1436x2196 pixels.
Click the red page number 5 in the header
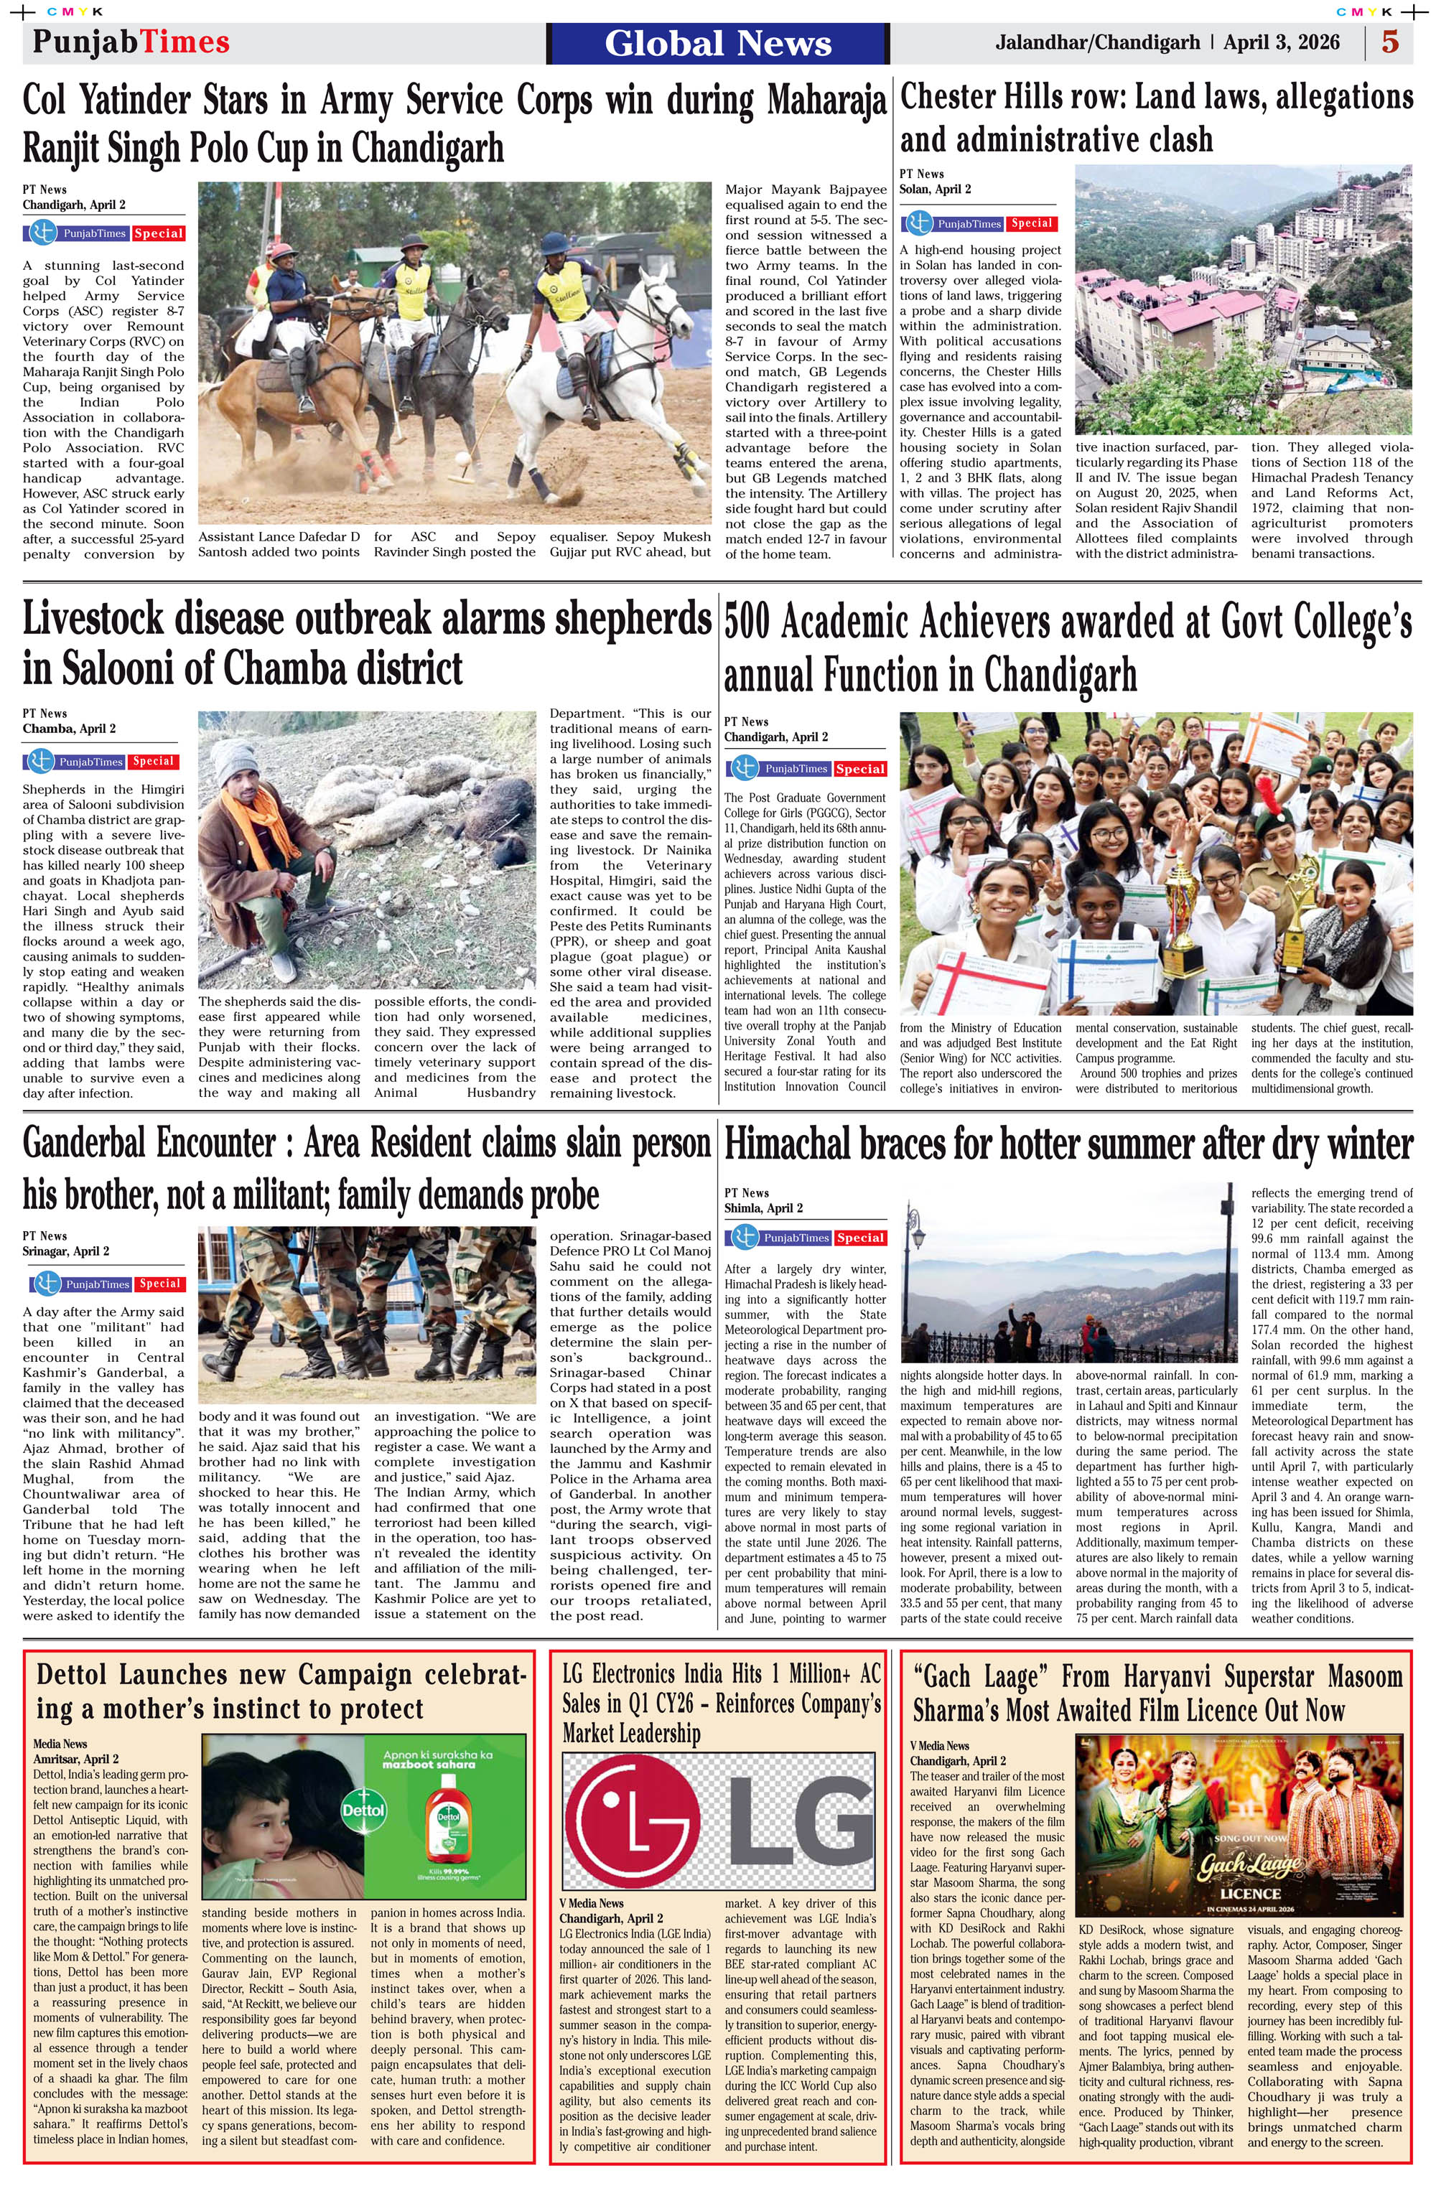(1390, 42)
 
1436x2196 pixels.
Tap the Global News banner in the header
(718, 43)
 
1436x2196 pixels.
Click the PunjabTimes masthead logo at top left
(131, 42)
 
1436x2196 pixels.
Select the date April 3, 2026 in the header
(1281, 42)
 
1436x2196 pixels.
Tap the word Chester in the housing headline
(951, 97)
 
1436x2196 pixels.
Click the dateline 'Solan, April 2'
(935, 189)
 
